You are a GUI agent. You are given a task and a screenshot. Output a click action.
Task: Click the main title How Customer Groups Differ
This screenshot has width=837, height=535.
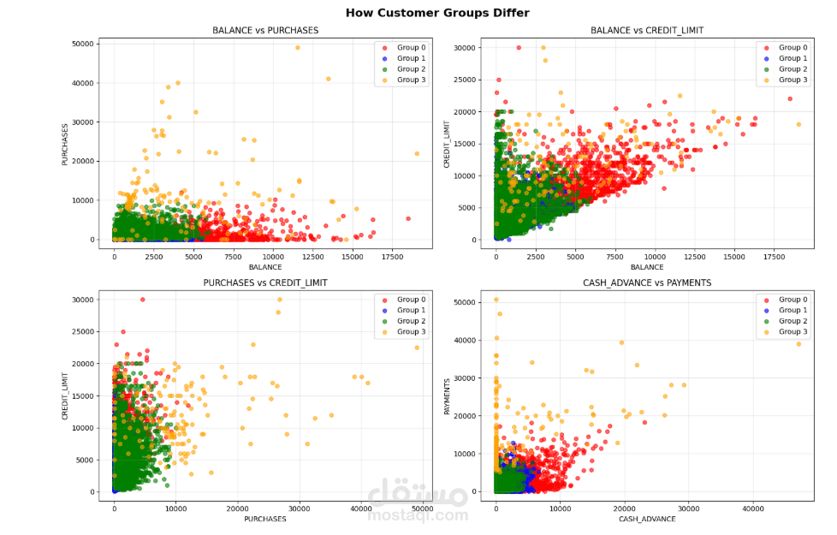tap(437, 13)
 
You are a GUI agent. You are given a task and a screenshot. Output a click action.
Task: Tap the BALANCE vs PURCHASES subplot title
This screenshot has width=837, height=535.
tap(265, 31)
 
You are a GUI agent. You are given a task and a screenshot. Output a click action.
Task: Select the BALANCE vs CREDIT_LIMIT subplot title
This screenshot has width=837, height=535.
tap(647, 31)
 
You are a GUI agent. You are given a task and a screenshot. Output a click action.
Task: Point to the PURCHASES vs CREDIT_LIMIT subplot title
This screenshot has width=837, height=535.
tap(265, 282)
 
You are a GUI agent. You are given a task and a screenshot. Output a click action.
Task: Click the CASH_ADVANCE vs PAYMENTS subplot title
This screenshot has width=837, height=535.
tap(647, 282)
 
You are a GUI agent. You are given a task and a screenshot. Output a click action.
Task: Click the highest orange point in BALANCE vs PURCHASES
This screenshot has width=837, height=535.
tap(298, 48)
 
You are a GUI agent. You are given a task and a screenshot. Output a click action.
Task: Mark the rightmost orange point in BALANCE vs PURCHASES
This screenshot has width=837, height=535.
tap(417, 154)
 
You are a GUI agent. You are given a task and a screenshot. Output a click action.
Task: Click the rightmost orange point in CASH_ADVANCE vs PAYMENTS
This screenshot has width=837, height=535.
tap(798, 344)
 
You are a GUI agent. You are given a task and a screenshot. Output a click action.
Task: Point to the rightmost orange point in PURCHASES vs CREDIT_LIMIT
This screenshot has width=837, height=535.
tap(417, 348)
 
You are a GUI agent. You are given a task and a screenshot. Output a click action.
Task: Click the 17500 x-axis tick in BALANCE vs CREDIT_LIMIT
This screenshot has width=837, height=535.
tap(774, 256)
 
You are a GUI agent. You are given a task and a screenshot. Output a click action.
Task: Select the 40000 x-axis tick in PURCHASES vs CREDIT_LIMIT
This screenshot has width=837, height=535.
tap(360, 508)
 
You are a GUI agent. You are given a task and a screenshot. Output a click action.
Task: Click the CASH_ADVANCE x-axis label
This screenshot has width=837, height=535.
tap(647, 520)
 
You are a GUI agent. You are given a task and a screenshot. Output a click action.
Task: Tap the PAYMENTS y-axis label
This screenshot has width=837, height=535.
tap(446, 395)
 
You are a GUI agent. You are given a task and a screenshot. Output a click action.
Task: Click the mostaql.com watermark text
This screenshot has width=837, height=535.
tap(418, 515)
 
